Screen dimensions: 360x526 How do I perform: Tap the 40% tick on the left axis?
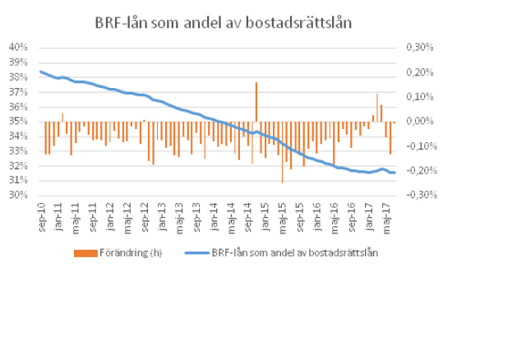20,48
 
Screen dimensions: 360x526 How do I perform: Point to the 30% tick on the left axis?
20,196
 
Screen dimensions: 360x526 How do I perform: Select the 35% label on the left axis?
20,122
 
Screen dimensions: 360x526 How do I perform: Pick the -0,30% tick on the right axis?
418,196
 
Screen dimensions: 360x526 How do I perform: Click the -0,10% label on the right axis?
418,146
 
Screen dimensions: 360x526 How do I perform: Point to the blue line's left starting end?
40,72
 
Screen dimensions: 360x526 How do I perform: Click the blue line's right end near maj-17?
394,173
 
